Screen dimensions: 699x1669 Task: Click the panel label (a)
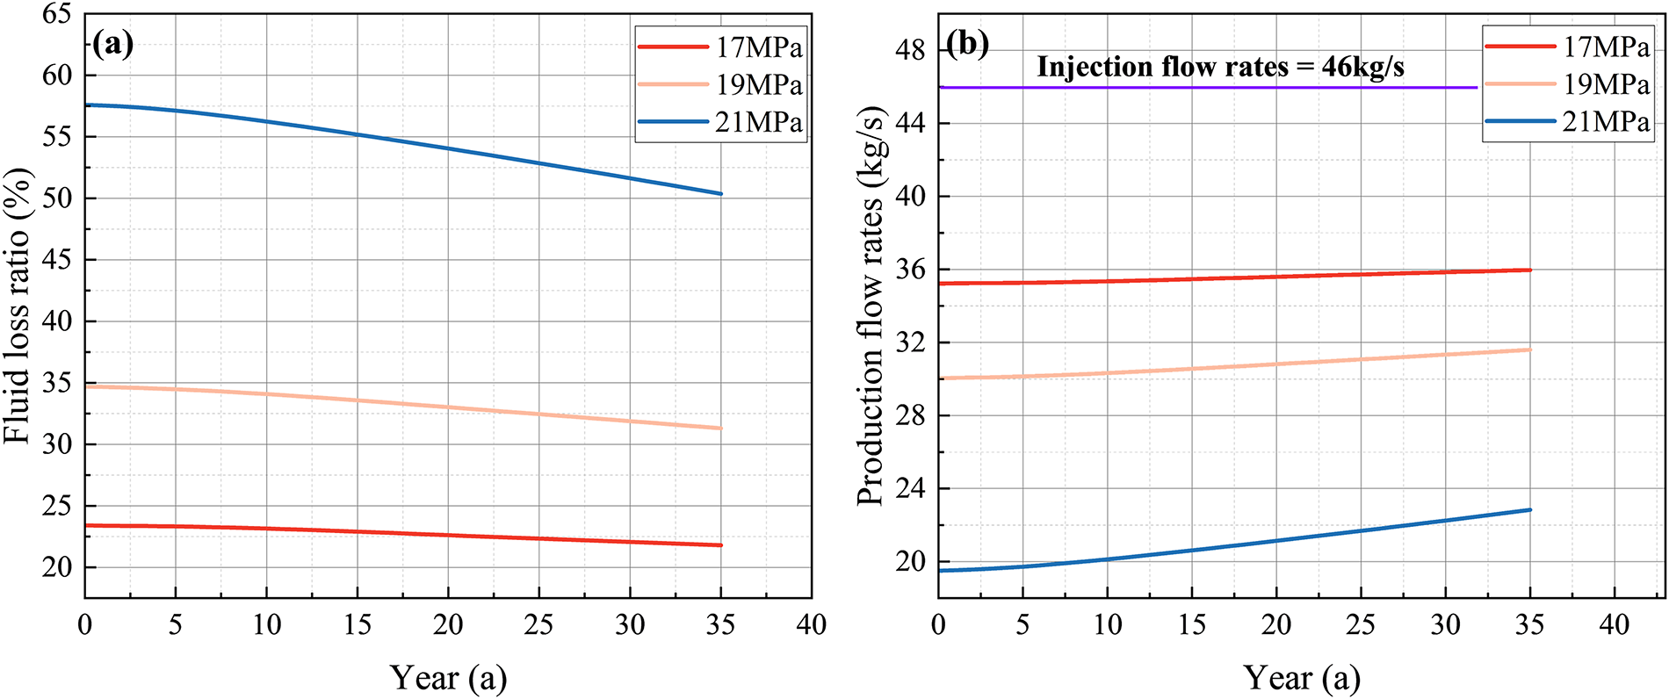pyautogui.click(x=112, y=44)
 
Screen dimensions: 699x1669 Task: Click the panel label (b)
pyautogui.click(x=967, y=44)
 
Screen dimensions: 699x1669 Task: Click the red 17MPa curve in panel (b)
pyautogui.click(x=1230, y=280)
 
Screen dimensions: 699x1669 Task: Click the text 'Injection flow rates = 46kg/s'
pyautogui.click(x=1220, y=67)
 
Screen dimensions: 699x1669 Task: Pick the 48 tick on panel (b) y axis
pyautogui.click(x=911, y=50)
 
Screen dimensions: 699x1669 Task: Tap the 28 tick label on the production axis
pyautogui.click(x=911, y=415)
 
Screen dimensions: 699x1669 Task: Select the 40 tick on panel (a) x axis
pyautogui.click(x=811, y=625)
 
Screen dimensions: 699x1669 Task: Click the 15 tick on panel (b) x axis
pyautogui.click(x=1192, y=625)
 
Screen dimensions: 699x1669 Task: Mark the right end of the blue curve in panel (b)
pyautogui.click(x=1529, y=510)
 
